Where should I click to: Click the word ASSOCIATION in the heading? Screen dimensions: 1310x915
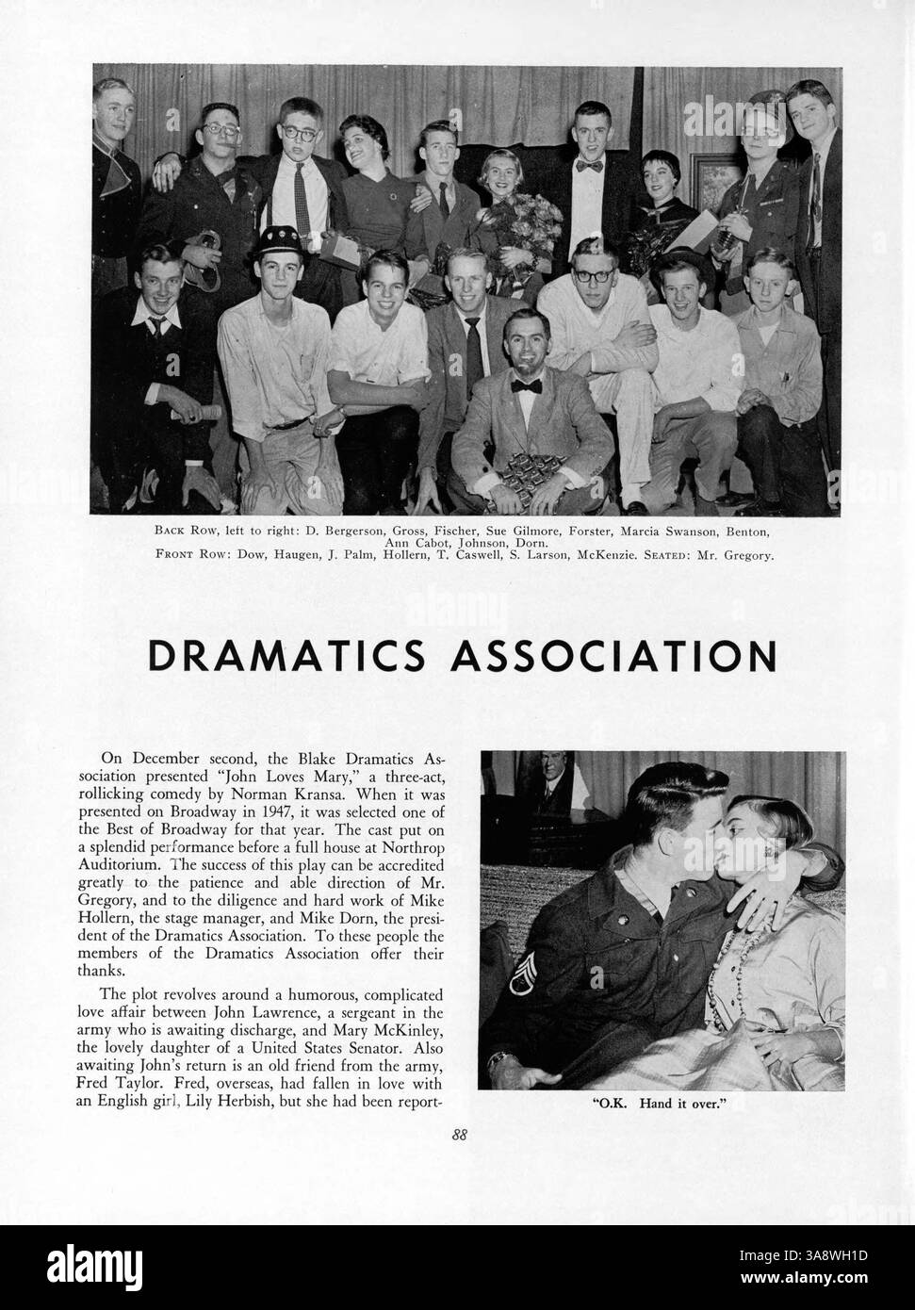click(614, 655)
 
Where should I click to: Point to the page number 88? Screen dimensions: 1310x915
click(458, 1135)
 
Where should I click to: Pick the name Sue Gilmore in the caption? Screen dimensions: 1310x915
click(516, 531)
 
